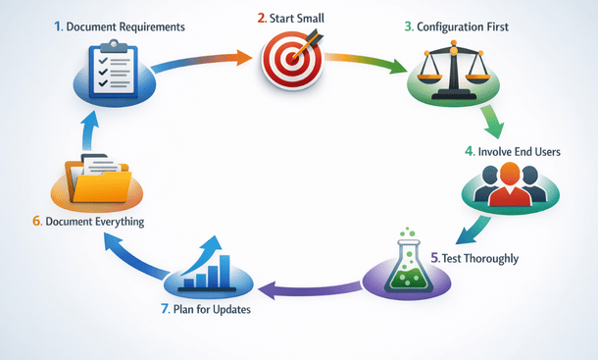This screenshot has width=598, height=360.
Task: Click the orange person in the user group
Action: pos(508,184)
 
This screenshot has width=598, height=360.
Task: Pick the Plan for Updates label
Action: pos(211,310)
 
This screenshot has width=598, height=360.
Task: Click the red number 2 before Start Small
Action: pos(262,18)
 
